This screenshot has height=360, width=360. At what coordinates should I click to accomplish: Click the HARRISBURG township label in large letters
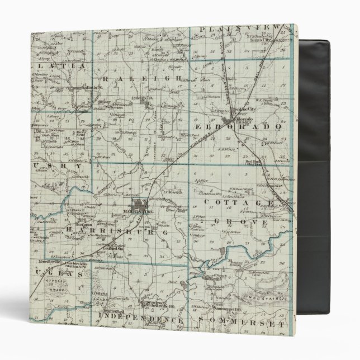click(124, 230)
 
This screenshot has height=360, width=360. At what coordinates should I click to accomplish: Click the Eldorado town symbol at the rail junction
click(228, 121)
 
